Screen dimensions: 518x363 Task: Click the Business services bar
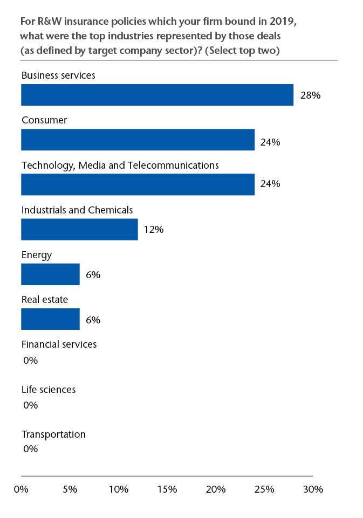point(157,95)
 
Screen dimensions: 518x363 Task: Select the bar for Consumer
point(138,140)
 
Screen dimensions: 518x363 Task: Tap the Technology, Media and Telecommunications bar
point(138,184)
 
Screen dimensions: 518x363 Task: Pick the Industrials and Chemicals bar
point(79,229)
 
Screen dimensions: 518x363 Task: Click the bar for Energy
point(50,274)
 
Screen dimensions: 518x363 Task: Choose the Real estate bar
point(50,319)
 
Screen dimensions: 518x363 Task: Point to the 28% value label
point(310,95)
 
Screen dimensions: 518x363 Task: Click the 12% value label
point(153,230)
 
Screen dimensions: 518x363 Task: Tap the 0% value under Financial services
point(31,360)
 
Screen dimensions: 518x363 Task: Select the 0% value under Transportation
point(31,448)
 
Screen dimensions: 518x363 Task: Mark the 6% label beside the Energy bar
point(93,274)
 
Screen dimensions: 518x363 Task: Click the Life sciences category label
point(49,389)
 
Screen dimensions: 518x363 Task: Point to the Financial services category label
point(59,344)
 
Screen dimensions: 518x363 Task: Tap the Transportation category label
point(53,434)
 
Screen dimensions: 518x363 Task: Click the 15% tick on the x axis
point(167,489)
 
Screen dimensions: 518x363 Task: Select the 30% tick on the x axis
point(313,489)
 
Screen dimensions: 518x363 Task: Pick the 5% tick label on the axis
point(70,489)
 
